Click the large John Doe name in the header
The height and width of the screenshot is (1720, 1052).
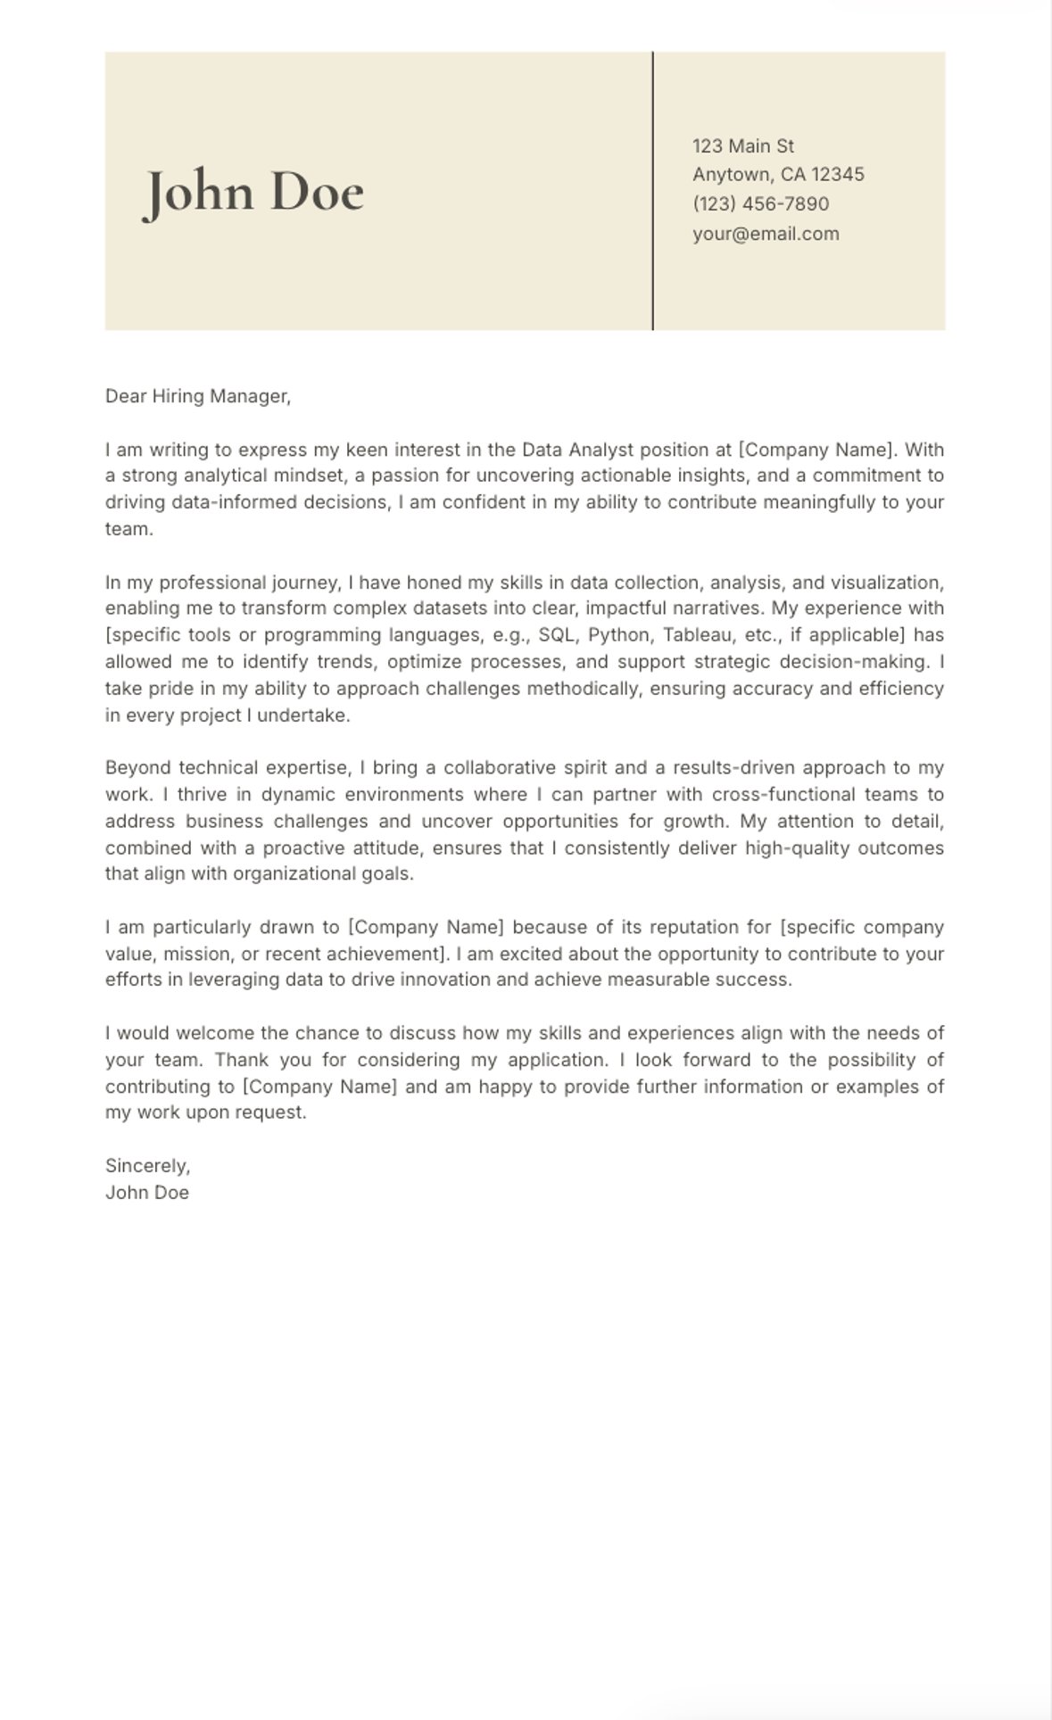[254, 192]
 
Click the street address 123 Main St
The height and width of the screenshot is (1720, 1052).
[742, 146]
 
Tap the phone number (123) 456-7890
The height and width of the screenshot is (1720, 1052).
[760, 204]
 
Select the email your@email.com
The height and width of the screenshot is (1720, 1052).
[766, 234]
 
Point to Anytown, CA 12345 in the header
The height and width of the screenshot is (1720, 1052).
[778, 175]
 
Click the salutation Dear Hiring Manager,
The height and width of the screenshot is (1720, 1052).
[198, 396]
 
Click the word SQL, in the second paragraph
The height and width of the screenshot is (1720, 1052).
[558, 635]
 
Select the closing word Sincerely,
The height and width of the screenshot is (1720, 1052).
[147, 1166]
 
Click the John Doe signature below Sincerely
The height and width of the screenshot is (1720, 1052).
[147, 1193]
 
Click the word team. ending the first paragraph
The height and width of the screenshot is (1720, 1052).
[128, 529]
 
